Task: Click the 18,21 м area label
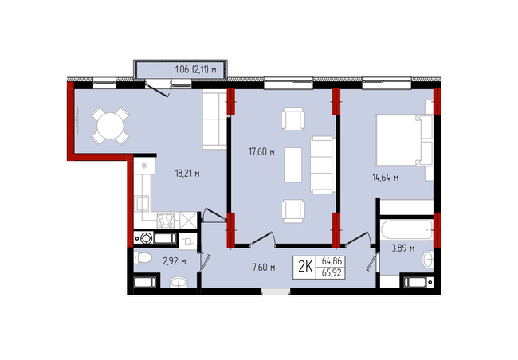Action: (187, 174)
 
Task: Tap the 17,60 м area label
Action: (261, 152)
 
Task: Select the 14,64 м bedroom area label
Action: (385, 178)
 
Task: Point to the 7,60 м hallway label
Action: (264, 267)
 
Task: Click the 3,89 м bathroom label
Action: (403, 248)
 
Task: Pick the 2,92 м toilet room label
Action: (175, 261)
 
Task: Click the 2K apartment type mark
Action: (305, 267)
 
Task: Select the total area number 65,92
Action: (332, 273)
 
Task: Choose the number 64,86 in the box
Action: (332, 261)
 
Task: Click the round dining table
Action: (110, 126)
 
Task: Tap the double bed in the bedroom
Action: (405, 139)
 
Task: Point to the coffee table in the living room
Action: (293, 165)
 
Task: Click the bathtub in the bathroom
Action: (406, 229)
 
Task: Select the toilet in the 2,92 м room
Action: (143, 257)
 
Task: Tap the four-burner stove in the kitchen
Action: (166, 220)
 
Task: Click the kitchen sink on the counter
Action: (143, 204)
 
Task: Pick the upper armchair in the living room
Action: (293, 119)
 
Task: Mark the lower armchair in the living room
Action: (293, 211)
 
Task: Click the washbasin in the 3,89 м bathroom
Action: (427, 260)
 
